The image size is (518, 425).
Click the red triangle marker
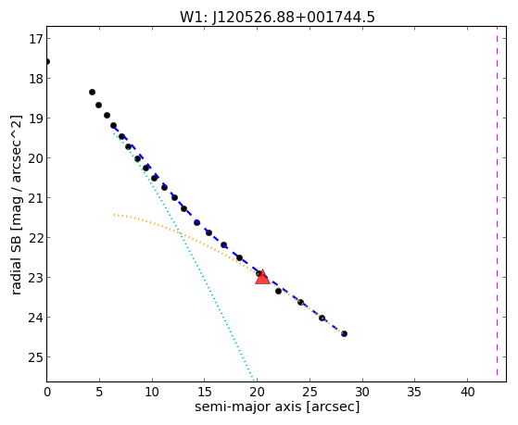click(262, 278)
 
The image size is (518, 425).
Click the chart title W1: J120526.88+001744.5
click(277, 18)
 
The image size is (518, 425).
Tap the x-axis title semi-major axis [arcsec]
click(277, 406)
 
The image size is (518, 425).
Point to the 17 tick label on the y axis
click(35, 39)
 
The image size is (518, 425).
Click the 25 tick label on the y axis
click(35, 357)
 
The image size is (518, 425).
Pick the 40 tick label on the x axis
click(467, 392)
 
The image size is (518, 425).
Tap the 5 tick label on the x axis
click(99, 392)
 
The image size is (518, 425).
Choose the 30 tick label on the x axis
click(362, 392)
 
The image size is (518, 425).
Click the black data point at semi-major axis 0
click(47, 62)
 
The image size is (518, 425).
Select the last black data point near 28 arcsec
click(344, 334)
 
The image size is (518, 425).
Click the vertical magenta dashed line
click(497, 204)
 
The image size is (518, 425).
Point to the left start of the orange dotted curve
click(114, 215)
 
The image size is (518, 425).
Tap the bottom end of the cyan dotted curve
click(253, 381)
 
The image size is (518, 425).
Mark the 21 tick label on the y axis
click(35, 198)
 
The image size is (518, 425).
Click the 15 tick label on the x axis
click(205, 392)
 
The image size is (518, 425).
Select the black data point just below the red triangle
click(278, 292)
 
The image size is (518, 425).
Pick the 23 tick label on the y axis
click(35, 278)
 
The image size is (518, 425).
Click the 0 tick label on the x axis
click(47, 392)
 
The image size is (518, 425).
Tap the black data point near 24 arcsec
click(300, 302)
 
